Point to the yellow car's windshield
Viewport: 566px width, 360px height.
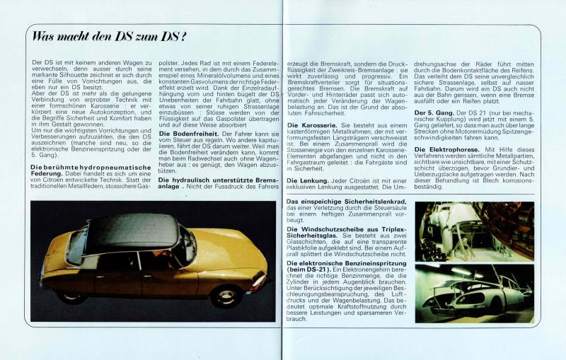pyautogui.click(x=185, y=244)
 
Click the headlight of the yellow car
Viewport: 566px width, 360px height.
pyautogui.click(x=258, y=279)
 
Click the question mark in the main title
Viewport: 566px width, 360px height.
pyautogui.click(x=183, y=36)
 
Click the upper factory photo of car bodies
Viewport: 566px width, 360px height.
pyautogui.click(x=474, y=231)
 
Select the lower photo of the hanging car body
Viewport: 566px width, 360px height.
pyautogui.click(x=474, y=293)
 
